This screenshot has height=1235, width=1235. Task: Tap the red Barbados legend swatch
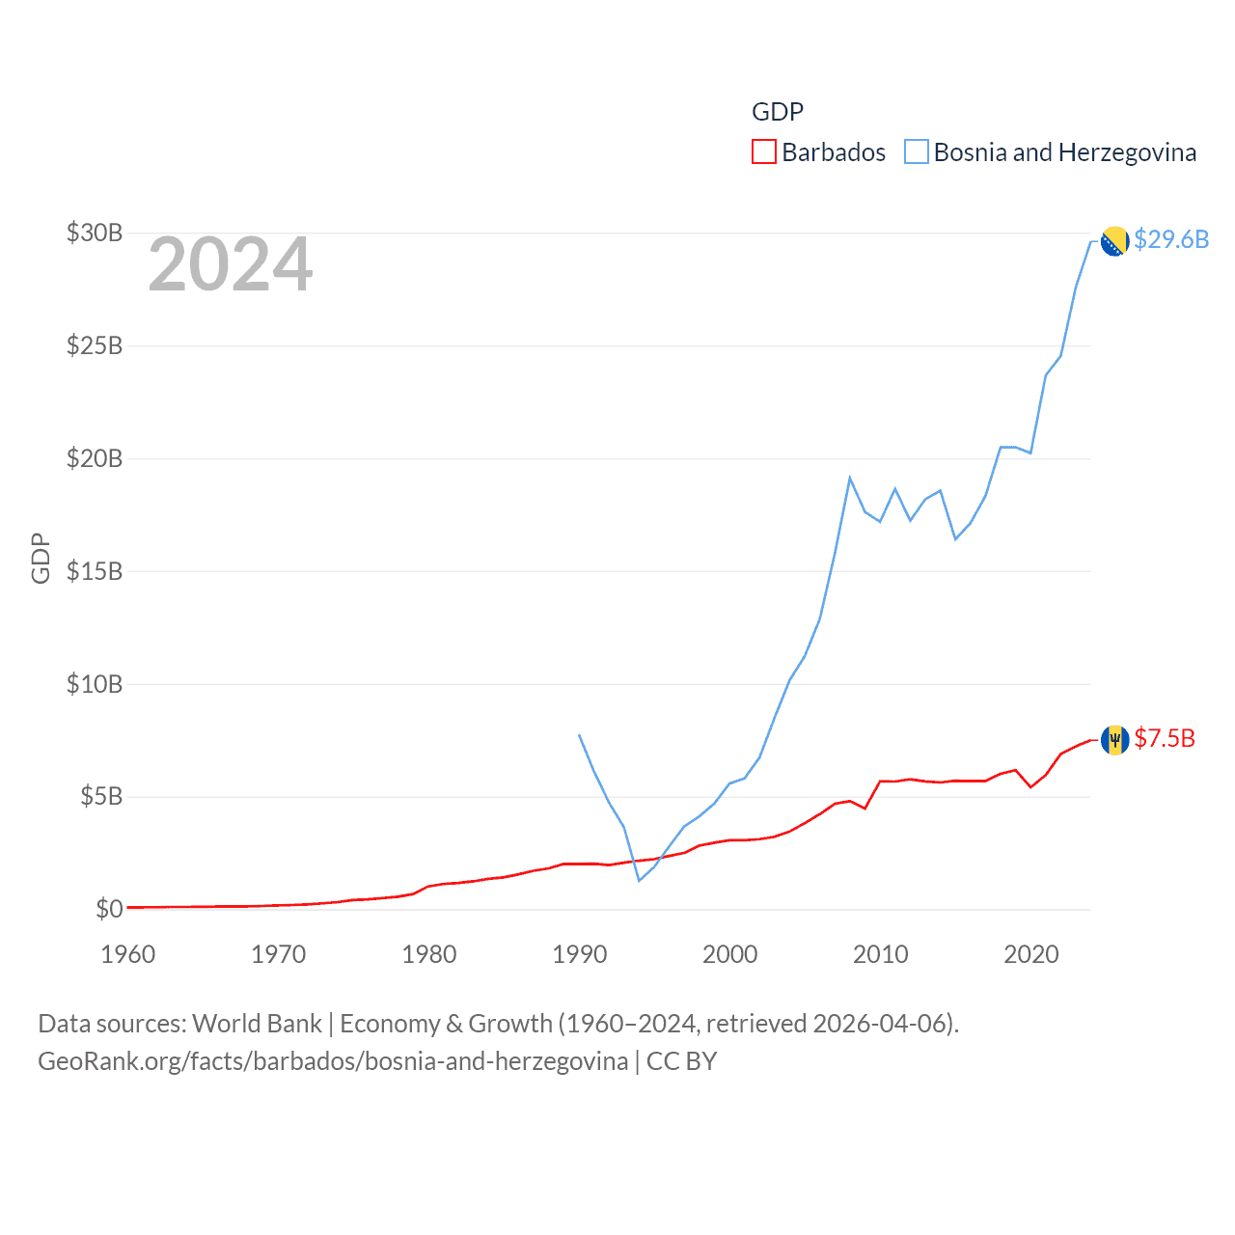pyautogui.click(x=764, y=152)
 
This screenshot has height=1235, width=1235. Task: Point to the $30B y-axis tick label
pyautogui.click(x=95, y=233)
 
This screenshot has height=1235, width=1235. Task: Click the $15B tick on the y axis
pyautogui.click(x=95, y=571)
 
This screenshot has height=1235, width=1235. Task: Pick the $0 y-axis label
pyautogui.click(x=109, y=909)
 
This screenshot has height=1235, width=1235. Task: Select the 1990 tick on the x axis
pyautogui.click(x=579, y=954)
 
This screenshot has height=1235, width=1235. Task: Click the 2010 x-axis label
pyautogui.click(x=880, y=954)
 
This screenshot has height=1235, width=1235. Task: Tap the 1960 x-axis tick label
pyautogui.click(x=128, y=954)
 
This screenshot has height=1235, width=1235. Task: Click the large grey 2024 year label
pyautogui.click(x=231, y=263)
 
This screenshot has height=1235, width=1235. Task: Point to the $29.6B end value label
pyautogui.click(x=1171, y=239)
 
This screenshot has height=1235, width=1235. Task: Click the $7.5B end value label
pyautogui.click(x=1165, y=738)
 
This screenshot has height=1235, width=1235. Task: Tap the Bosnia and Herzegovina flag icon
pyautogui.click(x=1114, y=241)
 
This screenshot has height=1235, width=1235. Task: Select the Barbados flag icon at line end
pyautogui.click(x=1114, y=740)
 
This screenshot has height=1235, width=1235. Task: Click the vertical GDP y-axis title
pyautogui.click(x=41, y=558)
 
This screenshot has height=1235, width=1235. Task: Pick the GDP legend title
pyautogui.click(x=778, y=112)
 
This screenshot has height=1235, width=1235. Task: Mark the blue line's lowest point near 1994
pyautogui.click(x=639, y=880)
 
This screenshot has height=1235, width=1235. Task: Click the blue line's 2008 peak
pyautogui.click(x=850, y=478)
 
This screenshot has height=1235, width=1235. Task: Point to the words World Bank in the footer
pyautogui.click(x=258, y=1023)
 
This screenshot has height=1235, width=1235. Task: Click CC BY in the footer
pyautogui.click(x=681, y=1061)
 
